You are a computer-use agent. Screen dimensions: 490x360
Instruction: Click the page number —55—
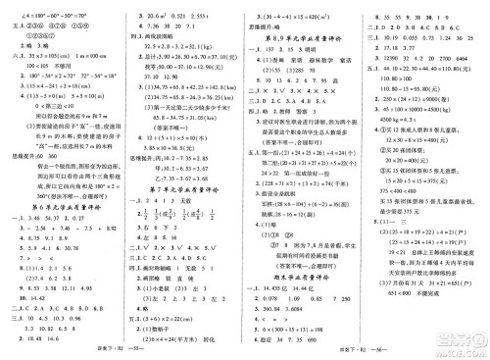(117, 346)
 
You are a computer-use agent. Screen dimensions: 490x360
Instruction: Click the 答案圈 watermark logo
(447, 334)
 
